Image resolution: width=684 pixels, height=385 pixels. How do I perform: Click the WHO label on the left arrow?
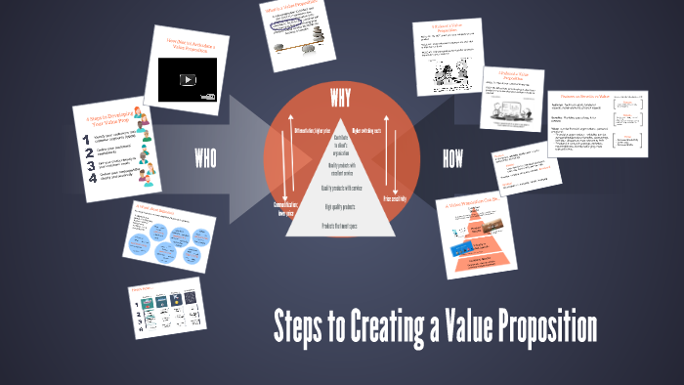click(x=205, y=158)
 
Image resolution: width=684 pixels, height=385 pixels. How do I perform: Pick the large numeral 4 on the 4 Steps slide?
click(x=91, y=180)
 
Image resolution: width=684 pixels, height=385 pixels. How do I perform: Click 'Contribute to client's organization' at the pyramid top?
click(x=340, y=145)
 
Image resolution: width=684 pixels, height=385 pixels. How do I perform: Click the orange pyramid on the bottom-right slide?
click(x=479, y=244)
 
